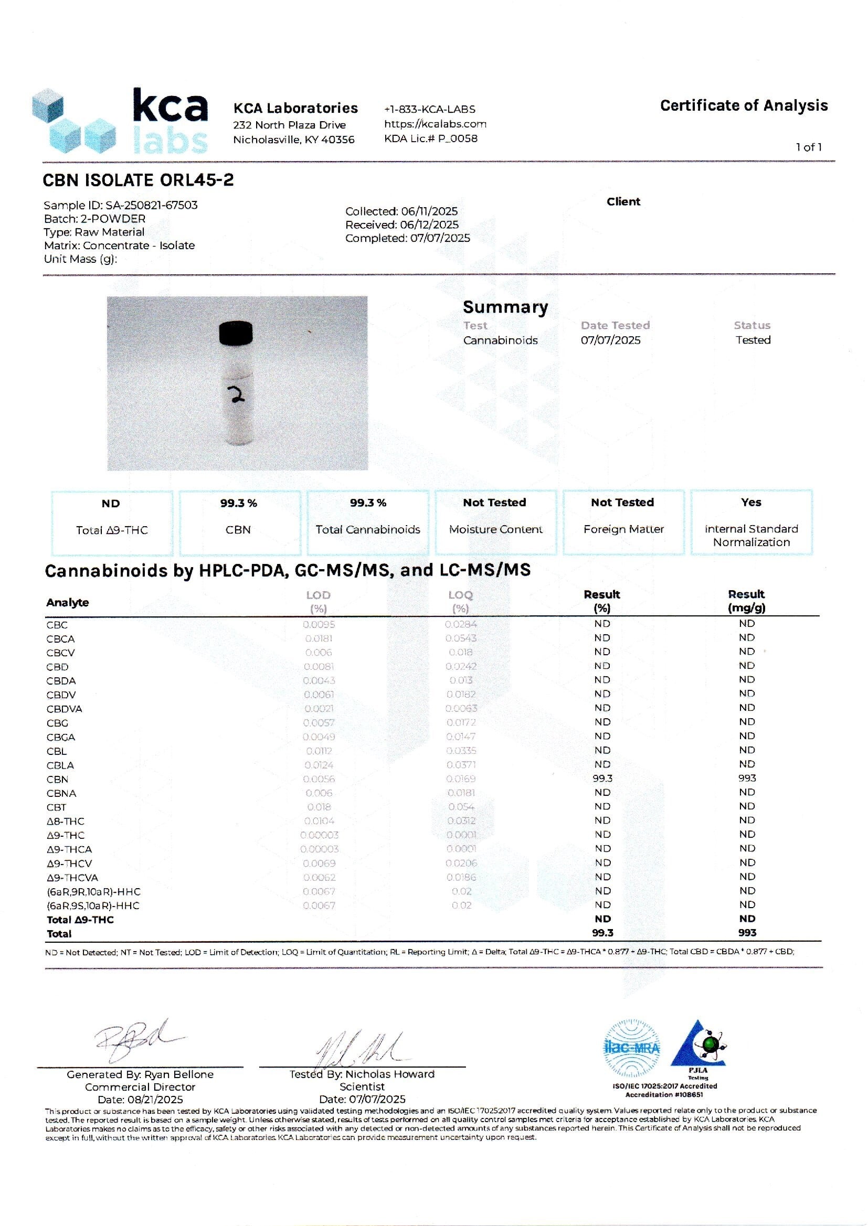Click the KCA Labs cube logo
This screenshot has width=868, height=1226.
click(74, 121)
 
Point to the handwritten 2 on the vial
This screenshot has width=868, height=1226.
click(235, 395)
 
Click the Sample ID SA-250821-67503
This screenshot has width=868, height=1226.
click(151, 205)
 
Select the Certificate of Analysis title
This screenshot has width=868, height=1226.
click(744, 106)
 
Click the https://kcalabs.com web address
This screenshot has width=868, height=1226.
click(435, 124)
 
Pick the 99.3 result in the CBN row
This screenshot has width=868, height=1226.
click(602, 779)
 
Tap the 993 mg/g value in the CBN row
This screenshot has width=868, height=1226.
click(747, 779)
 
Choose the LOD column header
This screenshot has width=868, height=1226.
click(318, 595)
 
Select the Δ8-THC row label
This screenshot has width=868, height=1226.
click(65, 821)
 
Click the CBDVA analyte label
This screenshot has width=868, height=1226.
click(64, 709)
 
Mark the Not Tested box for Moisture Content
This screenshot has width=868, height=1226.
click(495, 522)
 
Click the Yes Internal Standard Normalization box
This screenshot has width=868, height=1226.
click(751, 522)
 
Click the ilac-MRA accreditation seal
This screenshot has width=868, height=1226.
click(631, 1048)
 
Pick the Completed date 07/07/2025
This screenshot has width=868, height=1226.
click(440, 238)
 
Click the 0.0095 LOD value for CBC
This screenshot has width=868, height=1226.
click(319, 624)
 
